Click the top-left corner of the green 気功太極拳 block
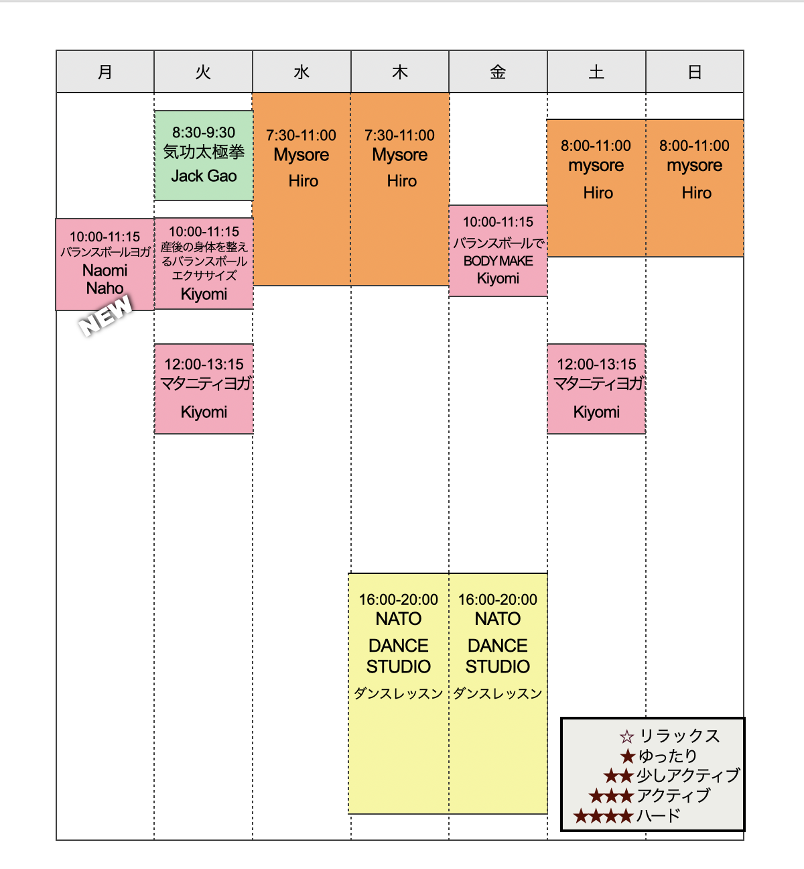[155, 111]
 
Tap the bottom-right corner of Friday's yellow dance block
[547, 814]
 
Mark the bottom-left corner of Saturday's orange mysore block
[547, 256]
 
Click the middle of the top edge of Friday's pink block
[498, 206]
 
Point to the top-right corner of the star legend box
[744, 718]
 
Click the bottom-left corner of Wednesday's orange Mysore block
[253, 285]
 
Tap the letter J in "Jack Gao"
[175, 176]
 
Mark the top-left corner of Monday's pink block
[56, 219]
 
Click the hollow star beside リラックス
[627, 737]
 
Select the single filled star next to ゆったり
[628, 756]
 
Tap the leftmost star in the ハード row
[581, 815]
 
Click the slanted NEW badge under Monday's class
[105, 316]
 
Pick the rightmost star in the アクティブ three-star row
[626, 796]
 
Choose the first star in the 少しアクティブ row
[611, 776]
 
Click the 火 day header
[204, 72]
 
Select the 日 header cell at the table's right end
[695, 72]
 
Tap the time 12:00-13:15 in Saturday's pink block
[597, 364]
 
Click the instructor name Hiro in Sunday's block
[696, 193]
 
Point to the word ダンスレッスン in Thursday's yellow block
[399, 693]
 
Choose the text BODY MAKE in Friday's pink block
[498, 262]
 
